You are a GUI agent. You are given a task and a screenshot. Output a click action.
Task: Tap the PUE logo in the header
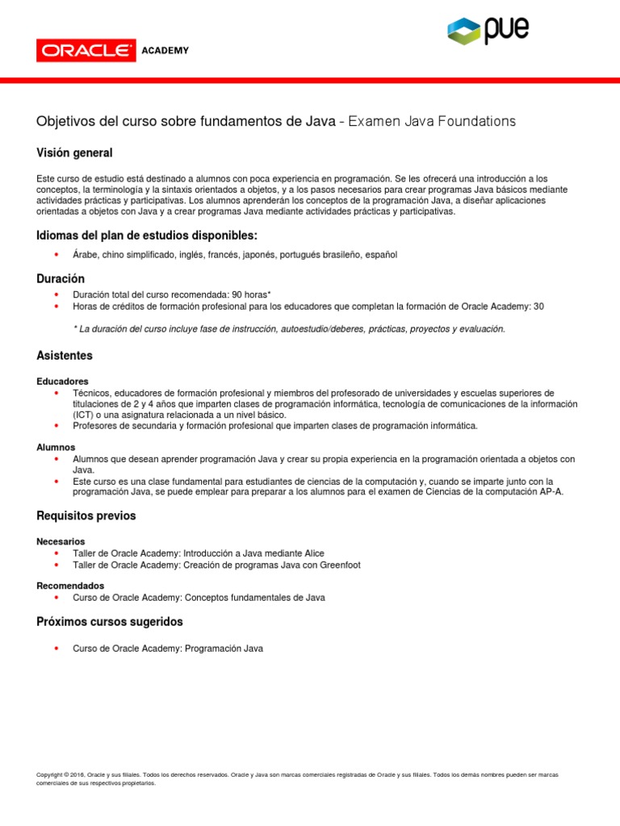[488, 30]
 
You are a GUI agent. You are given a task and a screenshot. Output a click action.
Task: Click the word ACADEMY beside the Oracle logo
[165, 51]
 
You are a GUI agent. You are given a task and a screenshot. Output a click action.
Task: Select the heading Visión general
[74, 152]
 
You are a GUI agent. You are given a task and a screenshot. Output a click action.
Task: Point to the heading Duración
[61, 278]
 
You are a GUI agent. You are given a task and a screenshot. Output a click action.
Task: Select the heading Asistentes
[65, 356]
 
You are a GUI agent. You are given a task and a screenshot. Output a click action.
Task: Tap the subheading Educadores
[62, 381]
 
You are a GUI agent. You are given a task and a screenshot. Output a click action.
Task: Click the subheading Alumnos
[56, 447]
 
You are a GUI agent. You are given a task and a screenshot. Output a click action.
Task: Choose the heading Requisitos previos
[86, 515]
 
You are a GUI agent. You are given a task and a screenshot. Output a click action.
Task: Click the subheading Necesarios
[61, 541]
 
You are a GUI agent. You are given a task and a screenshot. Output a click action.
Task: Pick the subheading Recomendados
[70, 586]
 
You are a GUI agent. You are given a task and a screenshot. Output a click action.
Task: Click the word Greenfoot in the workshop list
[338, 565]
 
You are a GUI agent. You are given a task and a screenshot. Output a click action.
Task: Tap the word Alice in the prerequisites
[312, 553]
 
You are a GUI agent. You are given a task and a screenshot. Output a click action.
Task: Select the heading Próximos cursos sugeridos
[110, 622]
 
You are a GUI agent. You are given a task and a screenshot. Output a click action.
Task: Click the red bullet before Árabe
[56, 255]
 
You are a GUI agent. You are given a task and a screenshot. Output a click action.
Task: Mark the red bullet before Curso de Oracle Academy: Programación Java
[56, 649]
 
